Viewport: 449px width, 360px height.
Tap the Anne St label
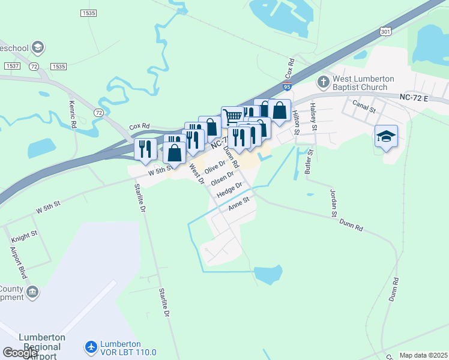click(x=238, y=206)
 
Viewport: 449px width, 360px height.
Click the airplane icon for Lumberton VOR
click(x=91, y=347)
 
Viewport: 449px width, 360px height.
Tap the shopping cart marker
click(x=232, y=115)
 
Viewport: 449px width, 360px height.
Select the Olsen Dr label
click(x=221, y=179)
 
